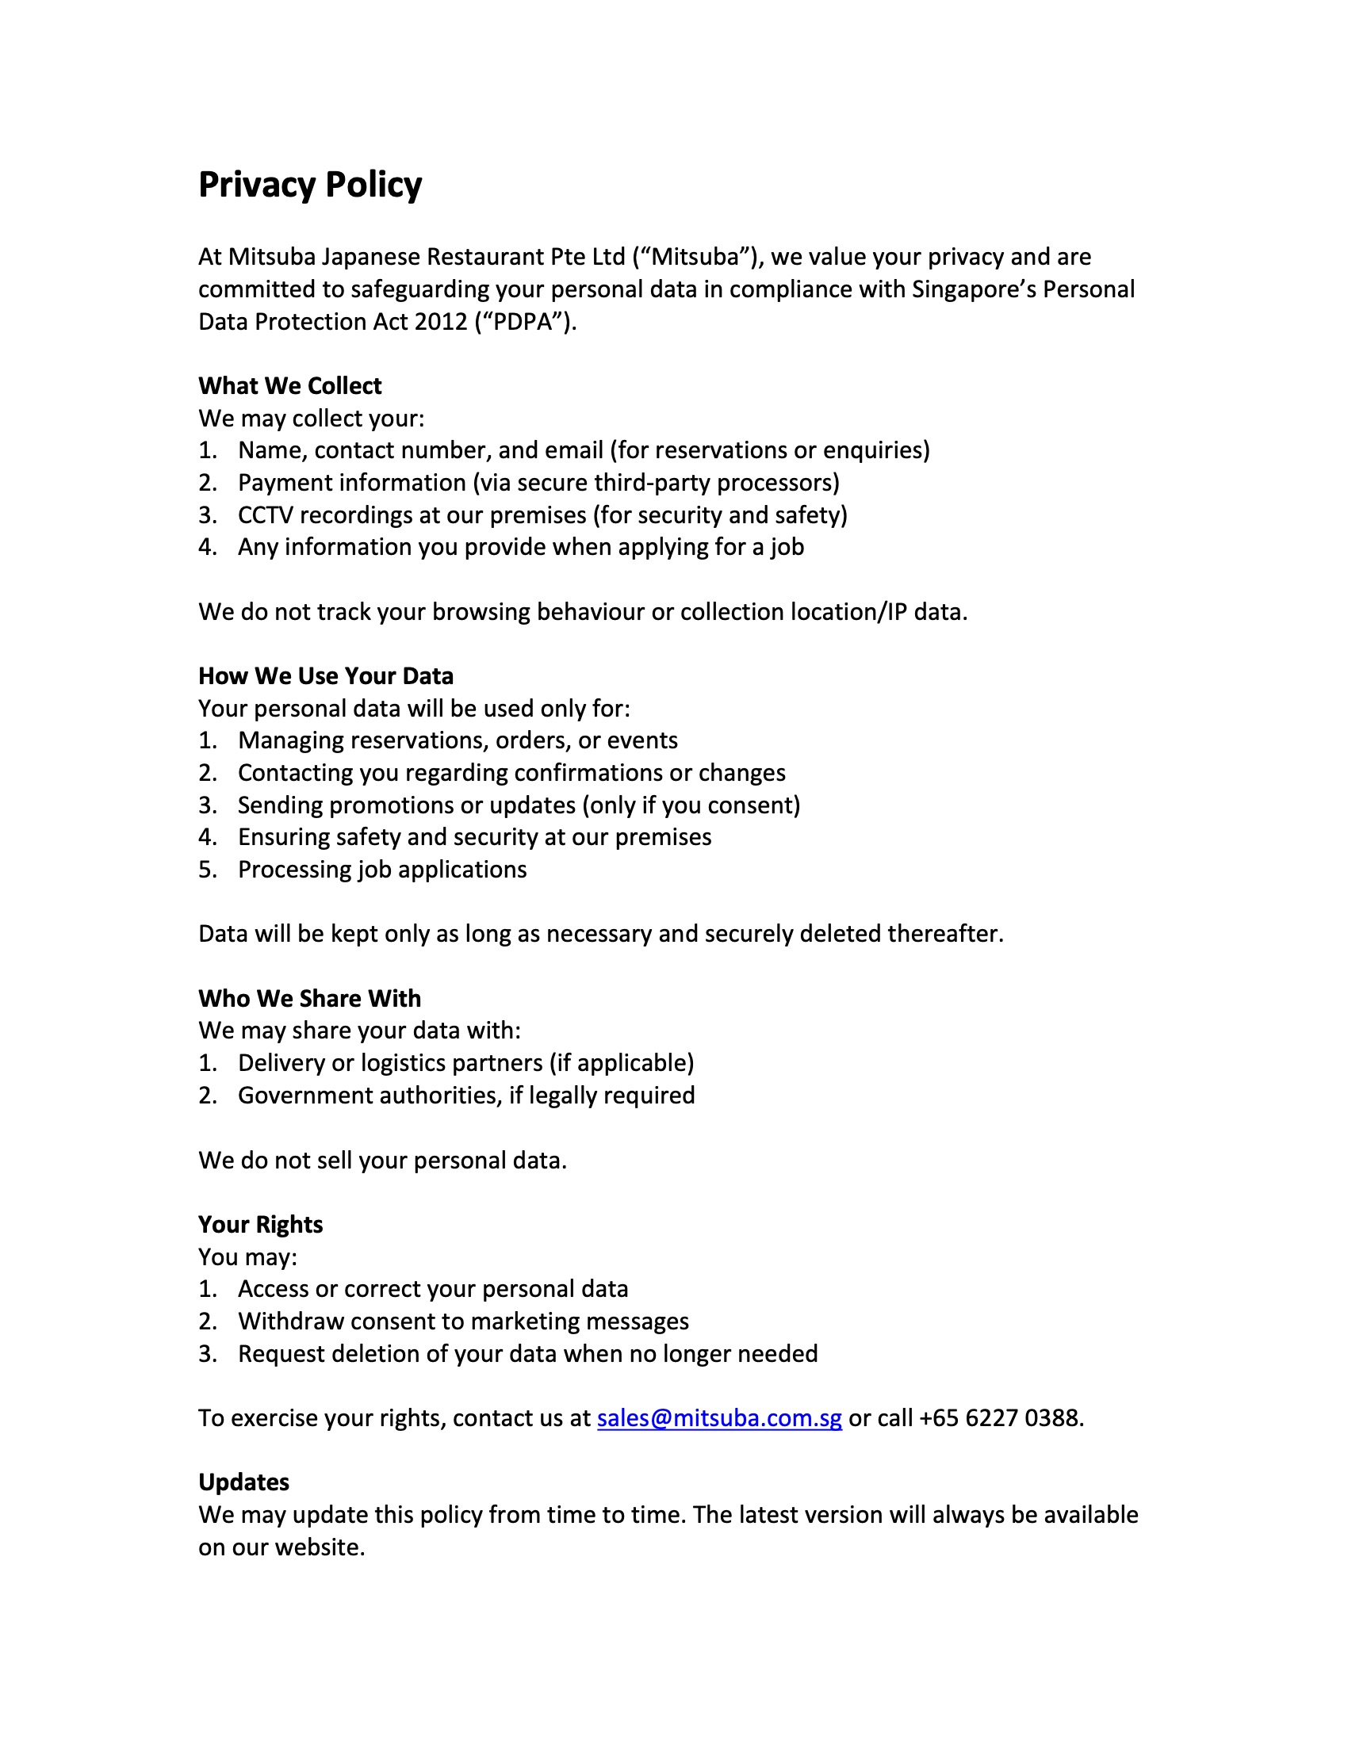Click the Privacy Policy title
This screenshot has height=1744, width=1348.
coord(310,185)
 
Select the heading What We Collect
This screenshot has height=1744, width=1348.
coord(290,386)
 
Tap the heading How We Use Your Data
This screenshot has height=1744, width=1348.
coord(326,675)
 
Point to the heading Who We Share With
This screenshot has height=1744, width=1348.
coord(310,998)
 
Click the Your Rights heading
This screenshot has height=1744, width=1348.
coord(260,1224)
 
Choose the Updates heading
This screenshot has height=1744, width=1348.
coord(243,1482)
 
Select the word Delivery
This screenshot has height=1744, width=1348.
coord(280,1063)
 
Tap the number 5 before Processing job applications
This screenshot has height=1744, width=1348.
coord(206,870)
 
